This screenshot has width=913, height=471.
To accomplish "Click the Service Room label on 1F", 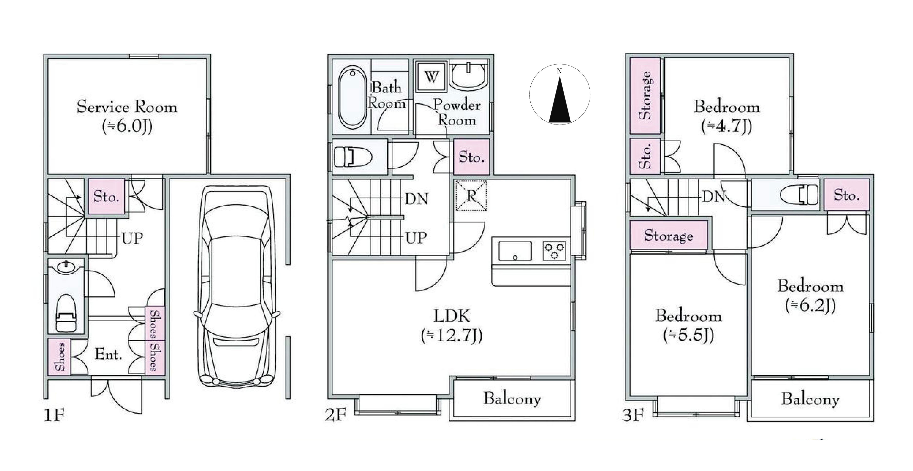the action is [x=127, y=106].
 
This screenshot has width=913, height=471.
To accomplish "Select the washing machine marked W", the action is [x=431, y=77].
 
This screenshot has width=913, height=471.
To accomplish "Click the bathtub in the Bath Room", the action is [x=352, y=96].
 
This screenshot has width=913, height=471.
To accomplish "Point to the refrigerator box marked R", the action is [x=471, y=195].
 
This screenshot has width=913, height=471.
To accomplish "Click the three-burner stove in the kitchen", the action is [x=554, y=251].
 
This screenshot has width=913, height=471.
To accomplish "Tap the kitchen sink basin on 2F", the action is [x=515, y=251].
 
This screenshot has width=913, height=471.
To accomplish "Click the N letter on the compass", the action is [x=559, y=71].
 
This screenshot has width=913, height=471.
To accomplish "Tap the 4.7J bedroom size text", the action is [x=727, y=126].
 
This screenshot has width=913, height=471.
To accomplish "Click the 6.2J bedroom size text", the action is [x=810, y=305].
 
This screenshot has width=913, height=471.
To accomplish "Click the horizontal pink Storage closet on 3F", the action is [x=669, y=235].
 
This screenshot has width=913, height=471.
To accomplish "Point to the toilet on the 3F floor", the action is [x=799, y=194].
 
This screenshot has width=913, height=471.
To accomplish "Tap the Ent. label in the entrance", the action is [x=109, y=354].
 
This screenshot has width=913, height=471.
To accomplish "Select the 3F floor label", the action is [x=633, y=415].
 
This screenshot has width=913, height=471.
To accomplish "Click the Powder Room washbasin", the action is [x=468, y=76].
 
